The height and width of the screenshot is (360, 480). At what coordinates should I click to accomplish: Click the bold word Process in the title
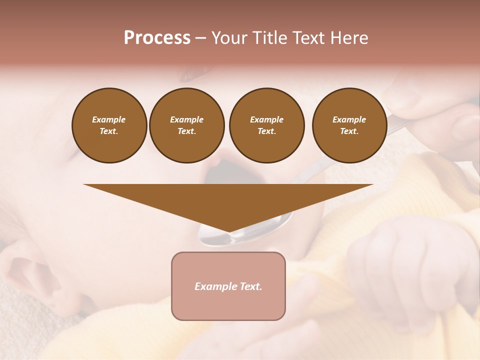[157, 38]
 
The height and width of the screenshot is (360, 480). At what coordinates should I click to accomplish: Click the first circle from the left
[109, 125]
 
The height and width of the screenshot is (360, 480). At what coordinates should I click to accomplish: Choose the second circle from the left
[187, 125]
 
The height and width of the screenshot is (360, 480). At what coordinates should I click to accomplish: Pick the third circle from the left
[267, 125]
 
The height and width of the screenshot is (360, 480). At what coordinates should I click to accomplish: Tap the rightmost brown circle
[349, 125]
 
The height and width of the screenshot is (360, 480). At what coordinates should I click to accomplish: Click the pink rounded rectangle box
[228, 286]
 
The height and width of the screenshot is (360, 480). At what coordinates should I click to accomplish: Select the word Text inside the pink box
[250, 286]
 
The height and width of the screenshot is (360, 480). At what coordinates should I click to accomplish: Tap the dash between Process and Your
[200, 38]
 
